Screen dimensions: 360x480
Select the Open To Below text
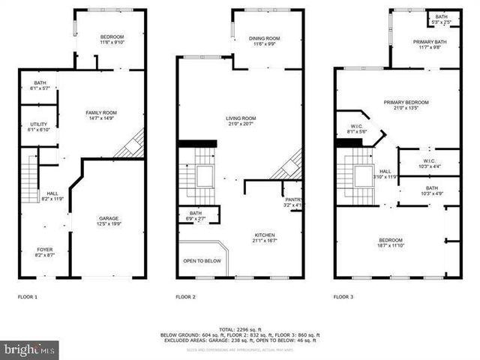(202, 261)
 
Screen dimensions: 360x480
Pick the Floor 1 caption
(28, 297)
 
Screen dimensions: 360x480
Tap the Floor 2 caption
(185, 297)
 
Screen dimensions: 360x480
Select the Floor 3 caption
(343, 297)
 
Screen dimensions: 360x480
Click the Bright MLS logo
(30, 349)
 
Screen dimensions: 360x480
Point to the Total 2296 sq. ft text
(240, 330)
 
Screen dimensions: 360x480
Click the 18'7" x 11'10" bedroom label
(396, 242)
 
